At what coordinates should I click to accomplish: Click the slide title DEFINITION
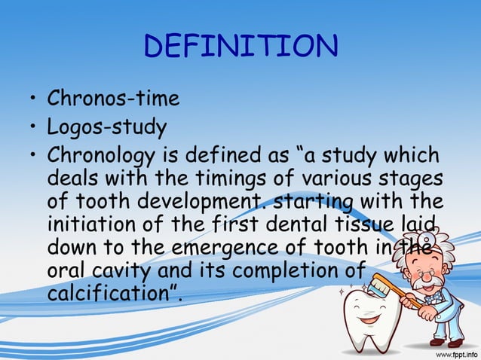[240, 47]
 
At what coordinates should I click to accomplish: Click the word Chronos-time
[113, 99]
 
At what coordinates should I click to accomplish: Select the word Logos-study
[106, 127]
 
